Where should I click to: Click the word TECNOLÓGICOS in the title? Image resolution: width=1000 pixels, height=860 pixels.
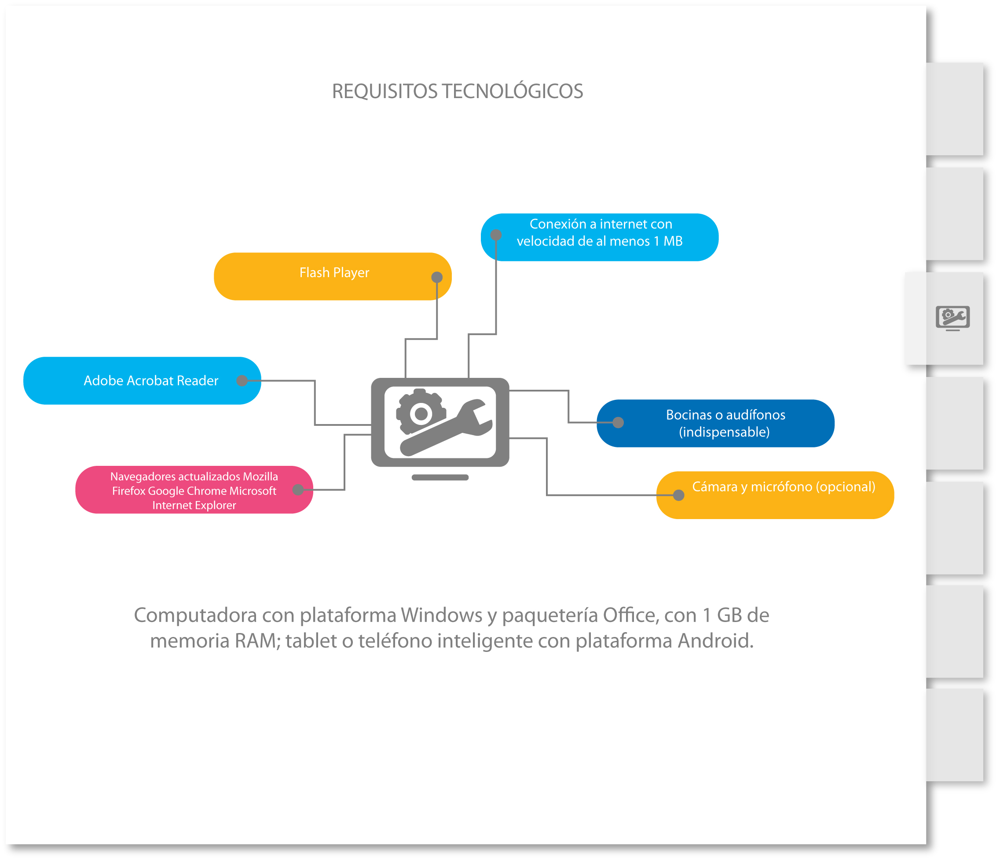513,91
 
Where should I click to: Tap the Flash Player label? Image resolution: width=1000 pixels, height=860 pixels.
334,273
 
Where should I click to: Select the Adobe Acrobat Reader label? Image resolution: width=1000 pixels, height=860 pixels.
150,381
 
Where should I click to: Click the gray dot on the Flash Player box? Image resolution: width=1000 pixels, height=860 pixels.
437,277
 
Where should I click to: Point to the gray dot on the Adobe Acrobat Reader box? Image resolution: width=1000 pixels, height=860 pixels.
242,381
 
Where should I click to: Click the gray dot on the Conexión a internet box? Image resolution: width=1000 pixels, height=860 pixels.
496,235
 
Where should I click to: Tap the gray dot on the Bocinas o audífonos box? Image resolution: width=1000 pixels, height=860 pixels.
618,423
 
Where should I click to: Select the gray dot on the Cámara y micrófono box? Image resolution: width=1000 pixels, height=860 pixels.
678,495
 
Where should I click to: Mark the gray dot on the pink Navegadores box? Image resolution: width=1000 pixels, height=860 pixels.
298,490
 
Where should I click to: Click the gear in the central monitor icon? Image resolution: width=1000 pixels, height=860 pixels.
421,413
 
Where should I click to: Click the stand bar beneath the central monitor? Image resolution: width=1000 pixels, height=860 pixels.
440,478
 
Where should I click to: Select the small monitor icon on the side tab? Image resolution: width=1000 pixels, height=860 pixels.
952,318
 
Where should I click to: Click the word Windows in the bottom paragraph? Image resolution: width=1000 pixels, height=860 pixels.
442,615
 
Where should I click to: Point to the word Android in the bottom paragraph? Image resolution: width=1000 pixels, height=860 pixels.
715,641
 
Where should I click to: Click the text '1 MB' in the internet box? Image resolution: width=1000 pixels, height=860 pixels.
668,242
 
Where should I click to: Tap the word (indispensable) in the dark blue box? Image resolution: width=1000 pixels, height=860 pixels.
724,432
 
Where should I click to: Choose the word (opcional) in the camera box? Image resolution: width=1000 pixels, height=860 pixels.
845,487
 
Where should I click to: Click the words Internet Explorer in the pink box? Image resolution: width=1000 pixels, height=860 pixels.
194,505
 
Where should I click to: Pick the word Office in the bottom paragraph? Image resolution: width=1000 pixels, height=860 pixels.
629,615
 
